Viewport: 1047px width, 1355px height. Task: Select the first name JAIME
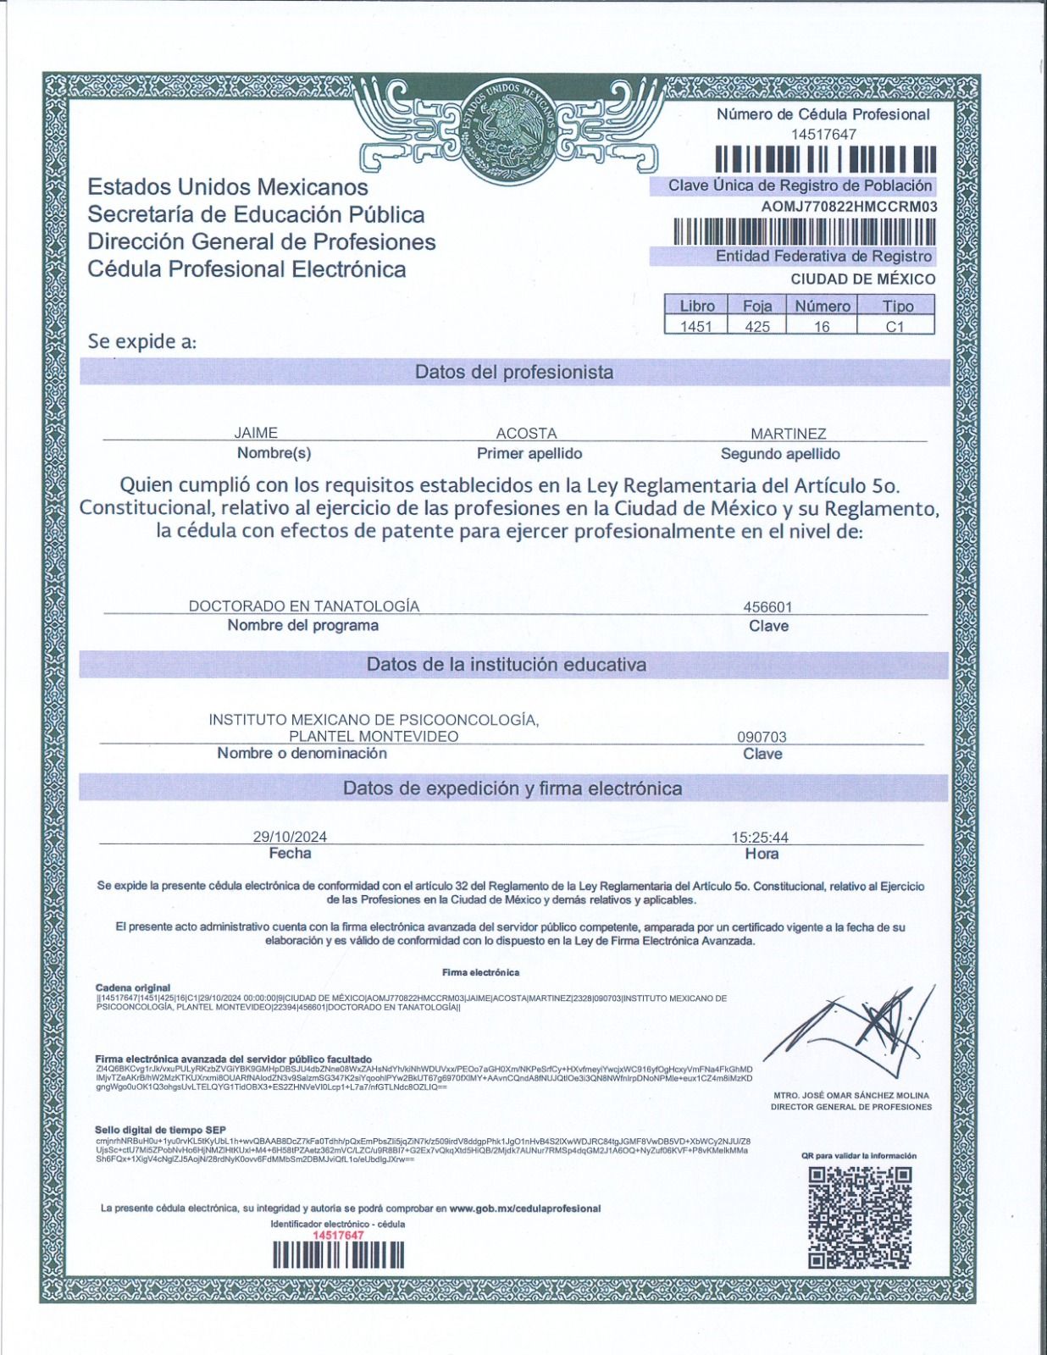(256, 433)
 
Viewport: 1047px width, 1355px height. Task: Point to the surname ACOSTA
(526, 433)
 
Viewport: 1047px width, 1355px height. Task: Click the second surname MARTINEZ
(788, 433)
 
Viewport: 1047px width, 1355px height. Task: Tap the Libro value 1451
(696, 326)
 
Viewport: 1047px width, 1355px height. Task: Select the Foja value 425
(756, 326)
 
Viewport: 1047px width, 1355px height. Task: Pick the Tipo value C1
(895, 326)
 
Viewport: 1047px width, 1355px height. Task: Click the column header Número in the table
(822, 306)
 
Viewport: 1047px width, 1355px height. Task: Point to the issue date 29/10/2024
(290, 837)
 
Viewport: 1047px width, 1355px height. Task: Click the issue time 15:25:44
(760, 837)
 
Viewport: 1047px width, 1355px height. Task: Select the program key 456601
(767, 606)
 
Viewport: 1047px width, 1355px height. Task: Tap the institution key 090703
(762, 737)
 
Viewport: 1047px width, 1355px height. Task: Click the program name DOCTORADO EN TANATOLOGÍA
(303, 606)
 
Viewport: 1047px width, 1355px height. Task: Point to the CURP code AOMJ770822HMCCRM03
(849, 206)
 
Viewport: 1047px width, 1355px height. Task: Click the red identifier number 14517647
(338, 1236)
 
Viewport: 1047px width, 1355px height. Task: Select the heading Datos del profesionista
(514, 373)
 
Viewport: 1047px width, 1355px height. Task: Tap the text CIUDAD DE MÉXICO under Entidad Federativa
(862, 279)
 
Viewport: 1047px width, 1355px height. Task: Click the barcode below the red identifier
(338, 1254)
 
